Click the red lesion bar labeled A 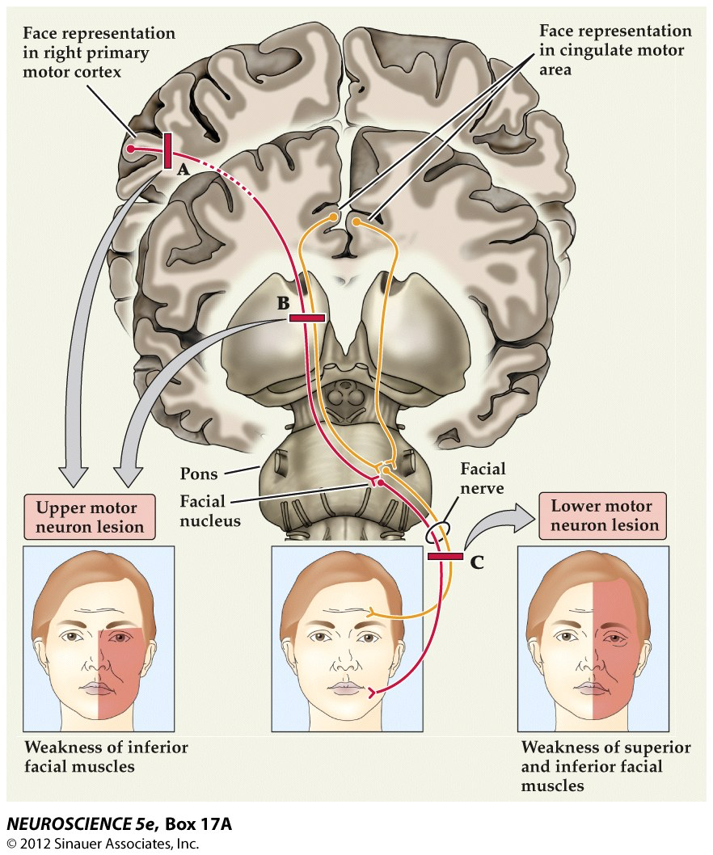[168, 151]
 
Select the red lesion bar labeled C [445, 556]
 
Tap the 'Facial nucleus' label [210, 511]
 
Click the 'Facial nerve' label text [483, 478]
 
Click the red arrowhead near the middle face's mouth [372, 693]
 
